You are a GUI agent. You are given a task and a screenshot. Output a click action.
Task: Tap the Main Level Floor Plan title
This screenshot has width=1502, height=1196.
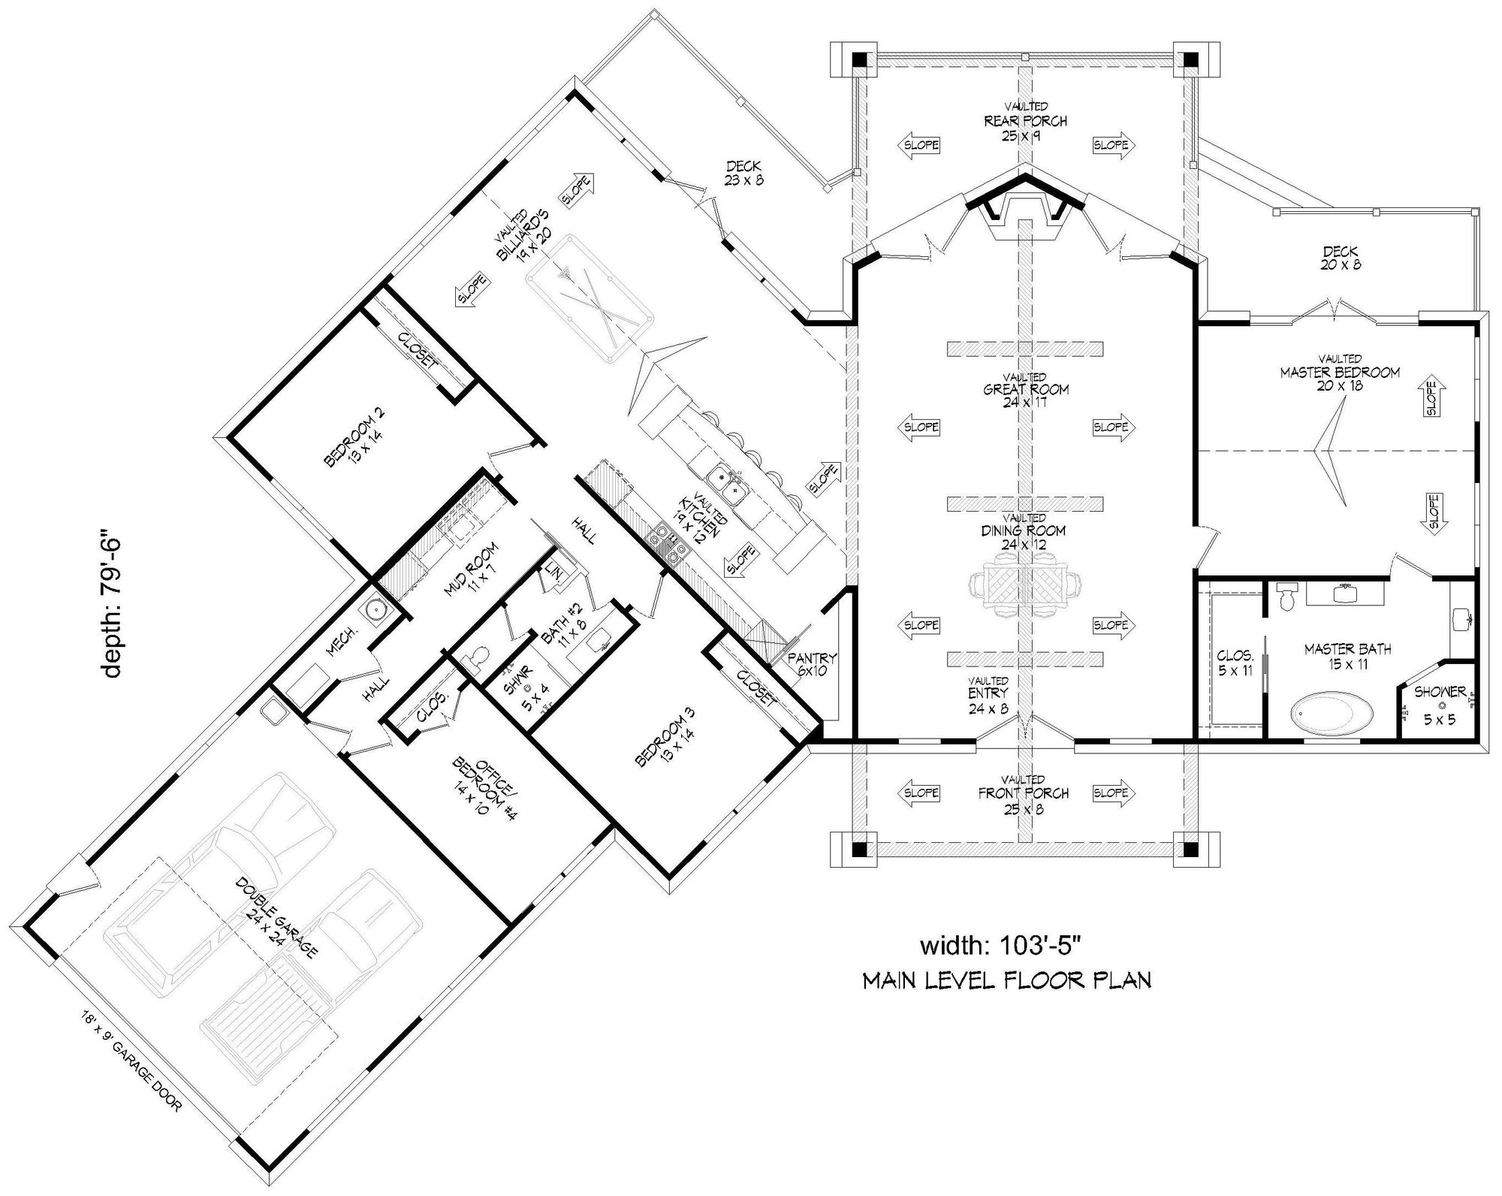(1006, 980)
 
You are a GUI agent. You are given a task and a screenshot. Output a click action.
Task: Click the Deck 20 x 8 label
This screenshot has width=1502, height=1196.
(1341, 258)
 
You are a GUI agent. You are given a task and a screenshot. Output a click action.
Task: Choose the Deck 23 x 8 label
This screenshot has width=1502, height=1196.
(743, 173)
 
